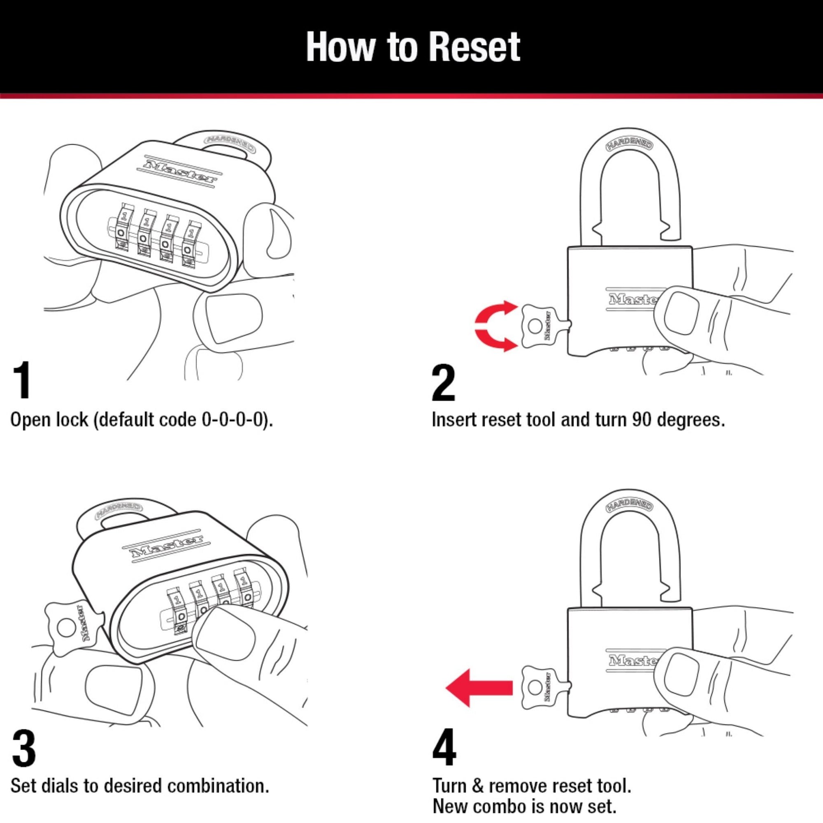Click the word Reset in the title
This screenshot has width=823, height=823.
474,47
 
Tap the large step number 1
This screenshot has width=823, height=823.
22,380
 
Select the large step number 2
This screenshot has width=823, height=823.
444,383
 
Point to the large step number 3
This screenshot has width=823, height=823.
23,749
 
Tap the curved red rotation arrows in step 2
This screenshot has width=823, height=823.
494,327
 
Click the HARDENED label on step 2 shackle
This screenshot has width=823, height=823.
629,145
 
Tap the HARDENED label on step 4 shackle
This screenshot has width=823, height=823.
629,506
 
